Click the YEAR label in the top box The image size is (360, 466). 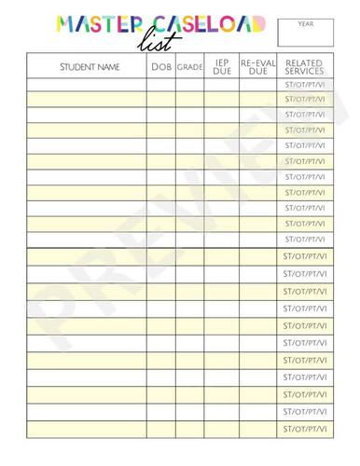pyautogui.click(x=305, y=23)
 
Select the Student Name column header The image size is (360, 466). pyautogui.click(x=90, y=67)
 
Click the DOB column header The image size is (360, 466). pyautogui.click(x=160, y=67)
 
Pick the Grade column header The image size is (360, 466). pyautogui.click(x=190, y=67)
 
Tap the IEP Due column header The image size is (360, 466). pyautogui.click(x=222, y=66)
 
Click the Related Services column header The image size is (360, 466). pyautogui.click(x=304, y=66)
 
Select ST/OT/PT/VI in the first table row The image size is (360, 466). pyautogui.click(x=304, y=84)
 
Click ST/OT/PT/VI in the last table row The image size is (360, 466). pyautogui.click(x=304, y=430)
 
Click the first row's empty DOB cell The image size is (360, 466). pyautogui.click(x=160, y=84)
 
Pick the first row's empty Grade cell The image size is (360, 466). pyautogui.click(x=190, y=84)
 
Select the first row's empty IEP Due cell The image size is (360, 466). pyautogui.click(x=222, y=84)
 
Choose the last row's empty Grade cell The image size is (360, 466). pyautogui.click(x=190, y=430)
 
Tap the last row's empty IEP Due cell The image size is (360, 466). pyautogui.click(x=222, y=430)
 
